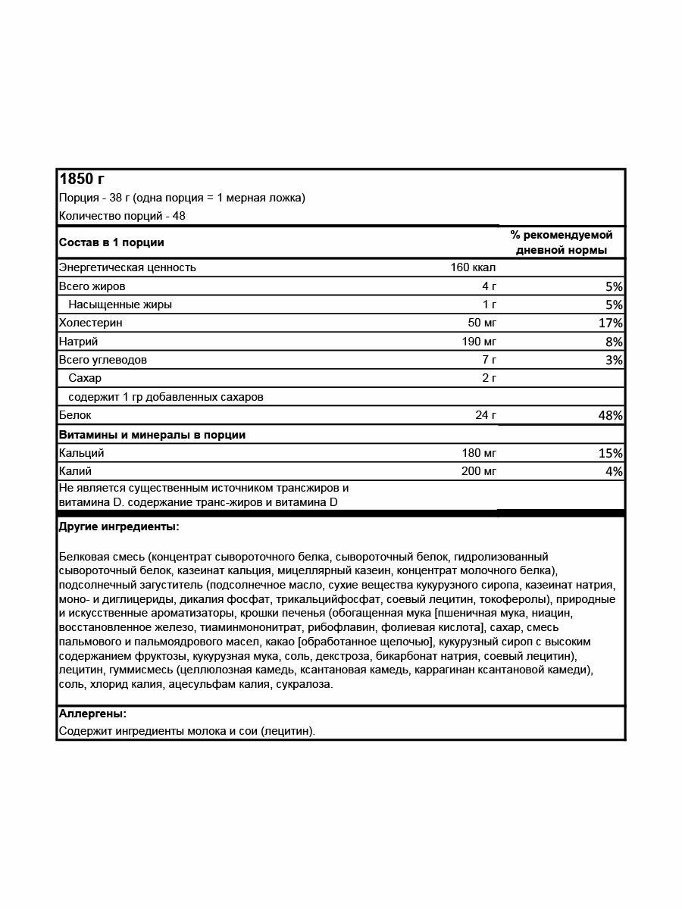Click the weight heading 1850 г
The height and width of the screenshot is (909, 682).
pos(82,180)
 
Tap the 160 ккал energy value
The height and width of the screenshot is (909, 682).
pos(474,267)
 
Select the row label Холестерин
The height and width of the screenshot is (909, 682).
pos(90,323)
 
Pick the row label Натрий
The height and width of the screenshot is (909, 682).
pos(78,342)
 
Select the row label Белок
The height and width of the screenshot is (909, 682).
pos(75,416)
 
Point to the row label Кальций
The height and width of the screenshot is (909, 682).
pos(81,453)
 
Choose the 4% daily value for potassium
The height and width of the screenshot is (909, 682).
pos(613,471)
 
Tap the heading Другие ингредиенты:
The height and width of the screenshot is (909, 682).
pos(118,526)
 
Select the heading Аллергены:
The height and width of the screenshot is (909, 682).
pos(92,714)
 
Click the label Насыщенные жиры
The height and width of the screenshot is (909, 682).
pos(120,305)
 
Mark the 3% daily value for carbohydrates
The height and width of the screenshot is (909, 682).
pos(613,360)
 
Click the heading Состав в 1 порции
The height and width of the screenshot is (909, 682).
pos(111,242)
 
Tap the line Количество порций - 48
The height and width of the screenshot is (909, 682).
pos(122,216)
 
